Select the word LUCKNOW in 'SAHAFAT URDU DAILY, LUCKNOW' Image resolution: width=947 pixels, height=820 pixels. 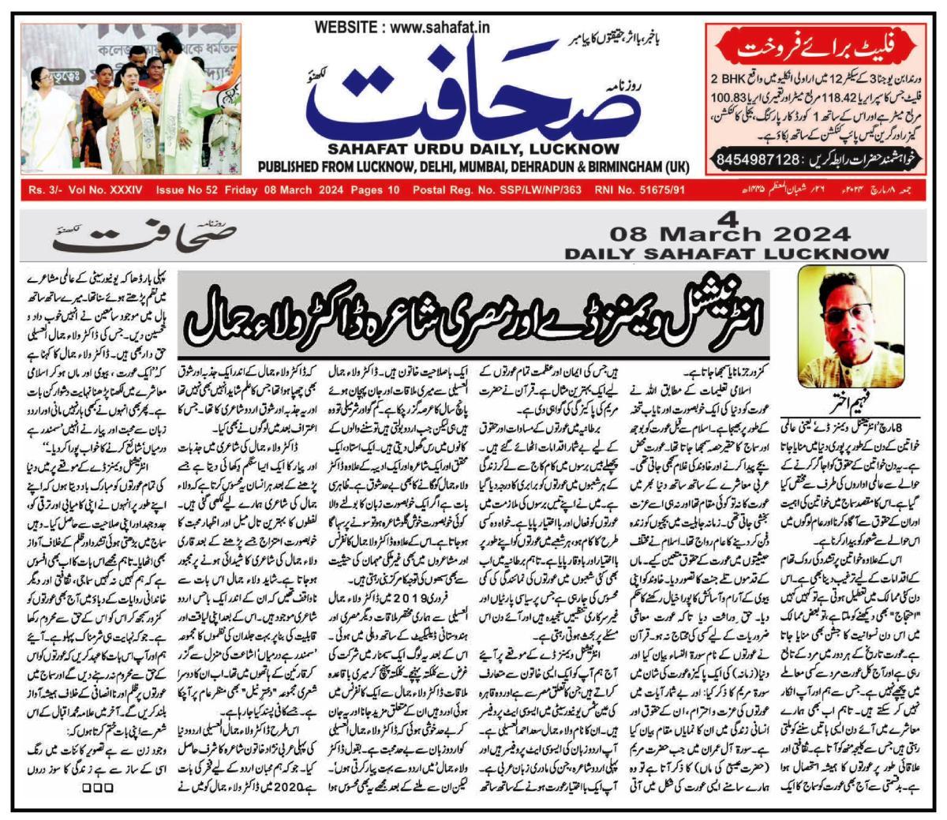pyautogui.click(x=597, y=150)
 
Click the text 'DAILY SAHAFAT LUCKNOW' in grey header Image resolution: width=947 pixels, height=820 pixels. pyautogui.click(x=726, y=253)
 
